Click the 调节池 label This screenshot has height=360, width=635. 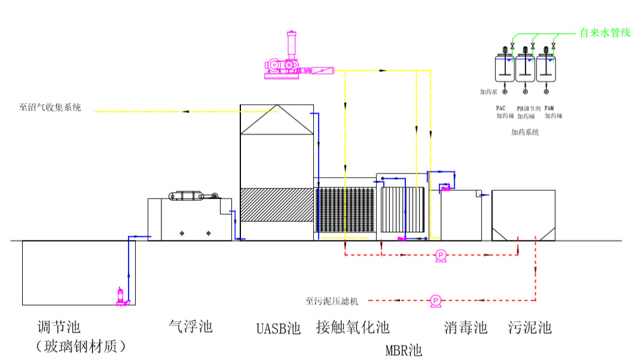[x=59, y=327]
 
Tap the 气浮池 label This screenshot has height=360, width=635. [x=191, y=327]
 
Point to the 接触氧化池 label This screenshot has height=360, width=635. [x=353, y=327]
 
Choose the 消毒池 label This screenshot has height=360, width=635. [x=466, y=327]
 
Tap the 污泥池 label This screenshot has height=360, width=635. [x=530, y=327]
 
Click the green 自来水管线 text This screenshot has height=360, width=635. [x=604, y=33]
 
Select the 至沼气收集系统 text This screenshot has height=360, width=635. [x=50, y=108]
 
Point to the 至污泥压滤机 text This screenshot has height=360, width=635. [x=333, y=300]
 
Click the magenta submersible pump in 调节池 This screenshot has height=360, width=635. [x=122, y=297]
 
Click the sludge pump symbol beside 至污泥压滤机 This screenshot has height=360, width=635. [x=435, y=300]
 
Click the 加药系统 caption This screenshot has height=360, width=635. [x=525, y=132]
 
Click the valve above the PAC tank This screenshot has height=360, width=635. [x=512, y=47]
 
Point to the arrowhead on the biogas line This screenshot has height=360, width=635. [x=186, y=111]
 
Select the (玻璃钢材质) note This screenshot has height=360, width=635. [x=81, y=346]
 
